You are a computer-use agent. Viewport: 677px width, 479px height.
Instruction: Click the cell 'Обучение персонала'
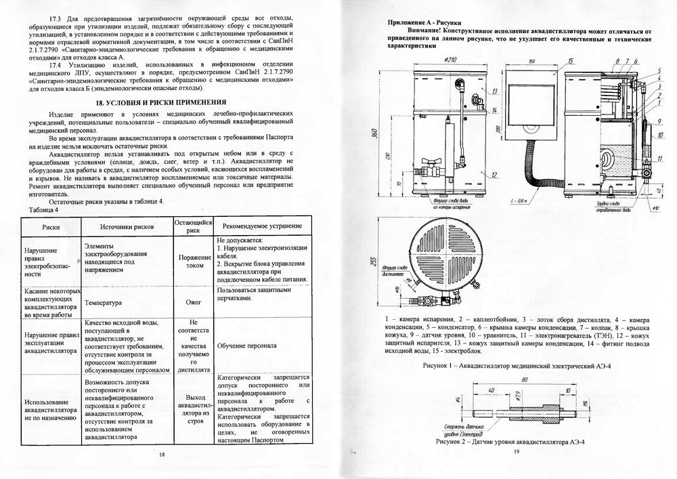click(x=247, y=346)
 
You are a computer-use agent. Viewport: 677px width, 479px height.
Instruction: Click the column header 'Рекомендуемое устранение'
click(x=261, y=226)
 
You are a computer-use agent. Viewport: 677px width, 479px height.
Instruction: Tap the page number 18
click(x=162, y=454)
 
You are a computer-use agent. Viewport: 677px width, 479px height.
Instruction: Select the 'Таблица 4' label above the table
click(x=45, y=209)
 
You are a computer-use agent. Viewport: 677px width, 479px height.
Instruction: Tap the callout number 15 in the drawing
click(x=571, y=62)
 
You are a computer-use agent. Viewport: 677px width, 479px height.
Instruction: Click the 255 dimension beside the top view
click(x=375, y=263)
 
